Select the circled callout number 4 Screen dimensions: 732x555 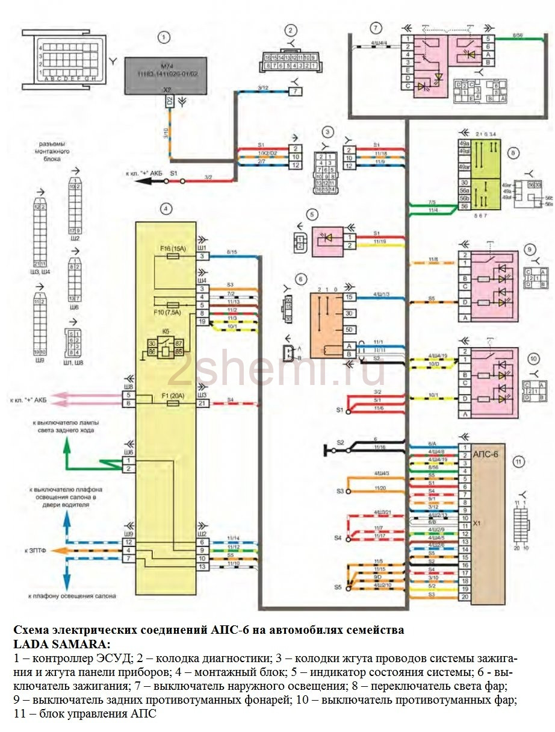166,209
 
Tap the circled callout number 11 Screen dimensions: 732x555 518,463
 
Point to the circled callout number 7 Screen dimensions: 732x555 376,28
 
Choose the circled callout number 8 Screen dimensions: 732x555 513,153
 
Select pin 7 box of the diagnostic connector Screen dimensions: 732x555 296,91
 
